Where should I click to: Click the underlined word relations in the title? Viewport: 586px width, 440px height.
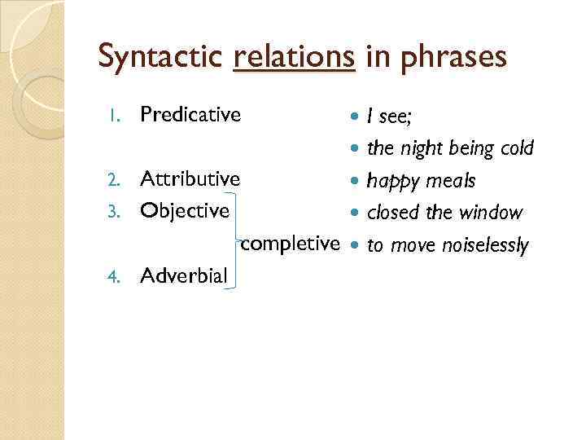(294, 56)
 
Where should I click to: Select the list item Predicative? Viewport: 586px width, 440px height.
(190, 115)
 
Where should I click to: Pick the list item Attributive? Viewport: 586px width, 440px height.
(190, 178)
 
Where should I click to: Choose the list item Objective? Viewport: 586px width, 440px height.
(185, 211)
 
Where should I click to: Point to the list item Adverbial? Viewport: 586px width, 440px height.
(184, 275)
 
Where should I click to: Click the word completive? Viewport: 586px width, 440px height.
(291, 243)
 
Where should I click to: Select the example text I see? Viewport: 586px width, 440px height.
(390, 117)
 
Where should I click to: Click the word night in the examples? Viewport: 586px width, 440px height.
(418, 148)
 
